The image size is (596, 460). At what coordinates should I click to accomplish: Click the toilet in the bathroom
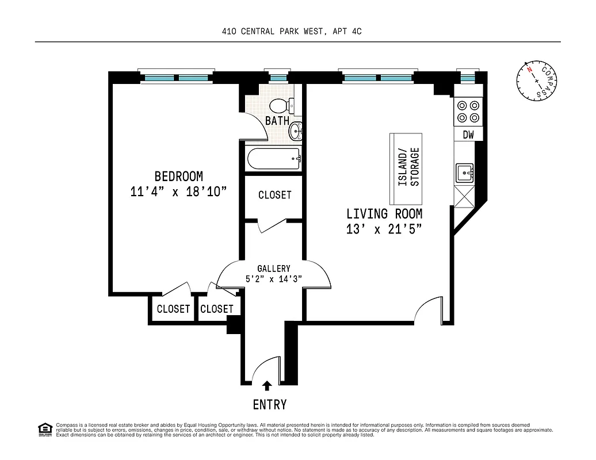point(280,105)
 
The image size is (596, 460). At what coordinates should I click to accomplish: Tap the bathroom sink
point(296,131)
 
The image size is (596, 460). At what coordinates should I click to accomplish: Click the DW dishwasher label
point(468,135)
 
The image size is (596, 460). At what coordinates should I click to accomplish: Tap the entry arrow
point(267,386)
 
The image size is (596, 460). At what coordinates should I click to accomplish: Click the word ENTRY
point(269,405)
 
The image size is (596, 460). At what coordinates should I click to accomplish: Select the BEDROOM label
point(178,177)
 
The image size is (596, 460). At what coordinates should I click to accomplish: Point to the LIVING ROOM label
point(384,214)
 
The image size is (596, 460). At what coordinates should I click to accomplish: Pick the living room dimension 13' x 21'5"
point(384,229)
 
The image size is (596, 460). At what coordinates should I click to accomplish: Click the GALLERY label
point(273,269)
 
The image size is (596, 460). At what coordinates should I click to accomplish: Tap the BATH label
point(277,121)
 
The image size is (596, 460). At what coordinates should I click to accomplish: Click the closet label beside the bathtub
point(274,195)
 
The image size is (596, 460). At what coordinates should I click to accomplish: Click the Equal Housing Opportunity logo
point(44,430)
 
